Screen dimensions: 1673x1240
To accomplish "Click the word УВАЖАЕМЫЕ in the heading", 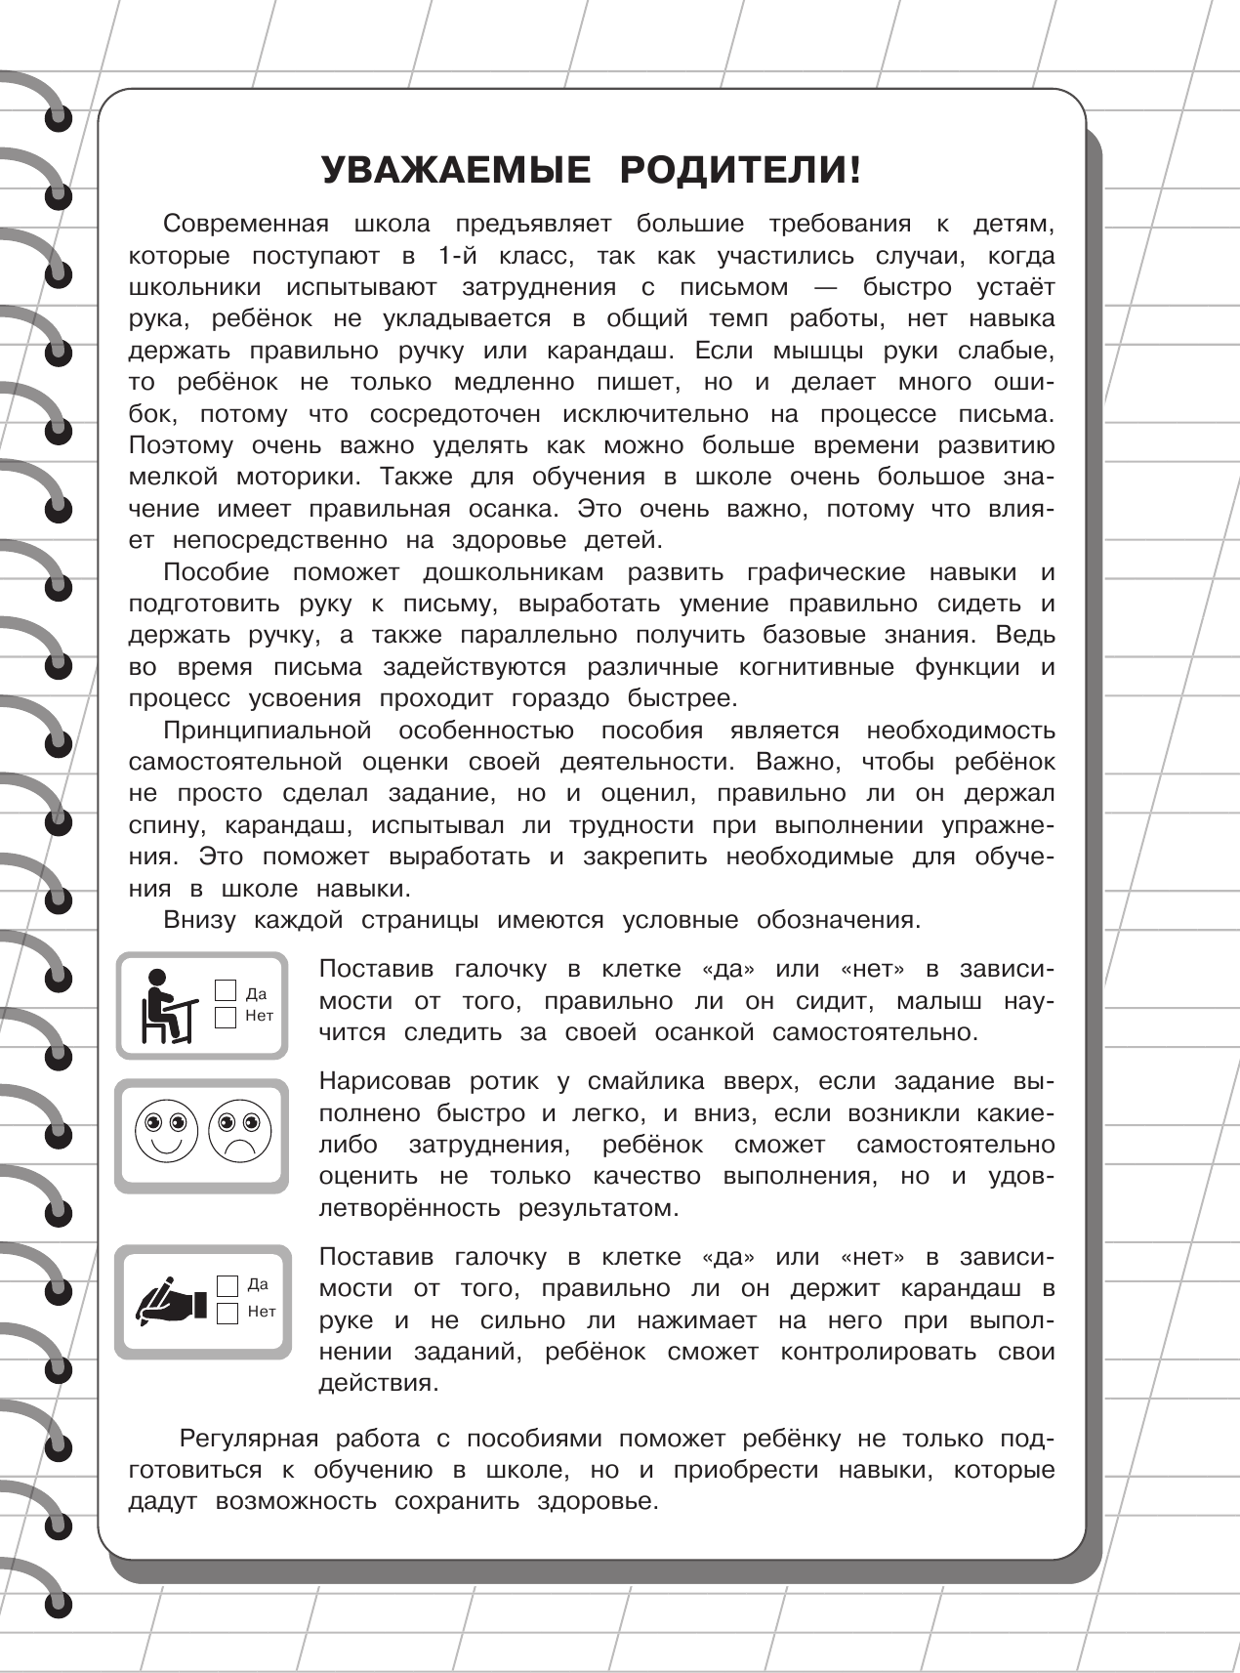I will (x=456, y=171).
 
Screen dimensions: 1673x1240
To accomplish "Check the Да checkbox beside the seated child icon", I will (x=227, y=990).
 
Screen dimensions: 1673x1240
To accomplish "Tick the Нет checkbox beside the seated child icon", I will (x=227, y=1017).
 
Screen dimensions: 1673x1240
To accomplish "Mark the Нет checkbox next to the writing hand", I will (x=227, y=1312).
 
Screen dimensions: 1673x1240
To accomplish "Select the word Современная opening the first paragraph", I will (x=244, y=224).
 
